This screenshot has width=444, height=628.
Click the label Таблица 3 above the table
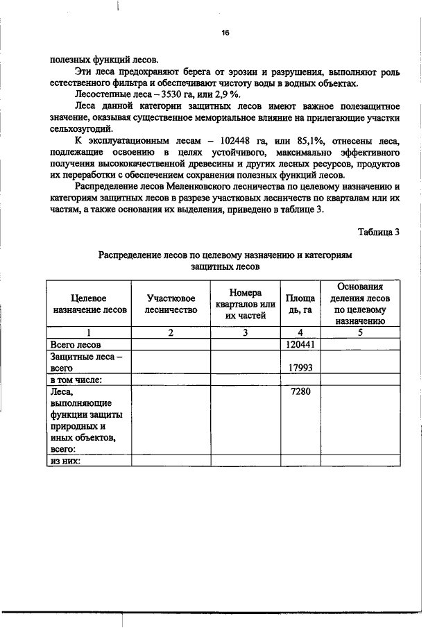pyautogui.click(x=379, y=231)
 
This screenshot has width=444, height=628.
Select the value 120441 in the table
pyautogui.click(x=300, y=344)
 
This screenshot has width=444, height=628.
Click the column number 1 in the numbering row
pyautogui.click(x=89, y=332)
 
